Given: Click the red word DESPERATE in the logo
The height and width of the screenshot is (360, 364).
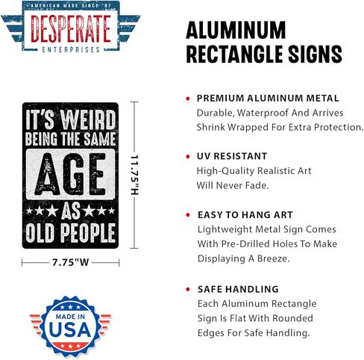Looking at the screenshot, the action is (71, 29).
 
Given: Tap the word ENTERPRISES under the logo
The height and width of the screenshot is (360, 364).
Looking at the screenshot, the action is (71, 49).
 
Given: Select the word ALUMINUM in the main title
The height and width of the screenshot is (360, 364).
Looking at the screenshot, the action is (236, 30).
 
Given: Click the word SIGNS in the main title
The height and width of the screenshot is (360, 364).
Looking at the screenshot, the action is (315, 54).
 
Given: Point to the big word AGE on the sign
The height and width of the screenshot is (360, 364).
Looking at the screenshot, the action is (71, 174).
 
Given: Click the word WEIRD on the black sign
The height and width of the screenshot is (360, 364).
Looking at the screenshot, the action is (89, 120).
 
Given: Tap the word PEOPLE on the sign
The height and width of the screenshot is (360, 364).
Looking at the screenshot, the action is (88, 233).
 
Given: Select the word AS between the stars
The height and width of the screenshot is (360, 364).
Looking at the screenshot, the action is (71, 211).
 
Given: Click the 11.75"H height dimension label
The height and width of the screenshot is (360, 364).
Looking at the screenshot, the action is (134, 175).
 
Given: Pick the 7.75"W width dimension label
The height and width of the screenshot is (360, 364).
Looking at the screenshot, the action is (71, 262).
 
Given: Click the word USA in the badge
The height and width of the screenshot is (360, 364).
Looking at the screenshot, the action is (70, 329).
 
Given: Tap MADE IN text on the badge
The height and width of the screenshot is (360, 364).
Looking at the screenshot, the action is (70, 317).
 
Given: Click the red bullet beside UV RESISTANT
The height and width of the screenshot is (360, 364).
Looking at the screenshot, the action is (188, 157).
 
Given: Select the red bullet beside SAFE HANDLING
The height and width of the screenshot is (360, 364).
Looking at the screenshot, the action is (188, 289).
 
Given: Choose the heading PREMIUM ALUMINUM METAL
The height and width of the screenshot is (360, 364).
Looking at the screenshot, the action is (268, 98).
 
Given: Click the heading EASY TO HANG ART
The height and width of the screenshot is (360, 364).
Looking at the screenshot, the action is (245, 215).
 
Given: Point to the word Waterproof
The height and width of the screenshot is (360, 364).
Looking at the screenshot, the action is (263, 113).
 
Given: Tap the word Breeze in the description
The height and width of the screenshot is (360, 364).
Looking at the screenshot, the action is (274, 258).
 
